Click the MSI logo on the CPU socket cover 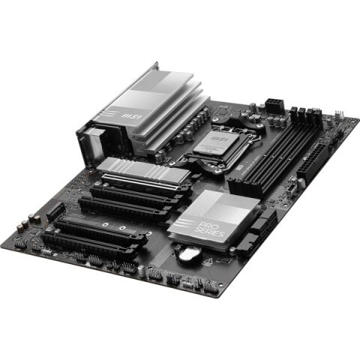click(220, 139)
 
